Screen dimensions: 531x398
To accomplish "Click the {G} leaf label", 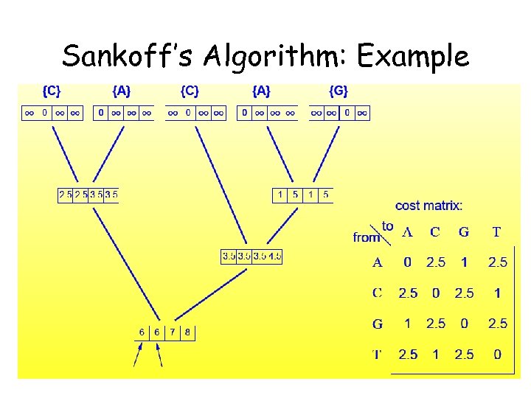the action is [339, 91].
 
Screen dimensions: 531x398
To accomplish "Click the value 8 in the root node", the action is [187, 332].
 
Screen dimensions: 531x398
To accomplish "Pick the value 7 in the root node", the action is [172, 332].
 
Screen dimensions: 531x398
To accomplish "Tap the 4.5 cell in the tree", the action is [275, 256].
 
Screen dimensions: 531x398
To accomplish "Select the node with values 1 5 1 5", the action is [302, 195].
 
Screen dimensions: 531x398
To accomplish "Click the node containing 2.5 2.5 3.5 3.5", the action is [88, 195].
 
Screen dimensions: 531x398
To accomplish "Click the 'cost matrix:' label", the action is [429, 206].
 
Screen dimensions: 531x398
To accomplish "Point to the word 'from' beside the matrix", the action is [367, 237].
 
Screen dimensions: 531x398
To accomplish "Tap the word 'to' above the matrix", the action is [387, 226].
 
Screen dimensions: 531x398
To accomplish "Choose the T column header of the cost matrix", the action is [496, 232].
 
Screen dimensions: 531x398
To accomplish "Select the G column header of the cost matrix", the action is [464, 232].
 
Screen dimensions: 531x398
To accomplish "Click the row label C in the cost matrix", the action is [378, 293].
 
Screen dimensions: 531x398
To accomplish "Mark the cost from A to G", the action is [464, 262].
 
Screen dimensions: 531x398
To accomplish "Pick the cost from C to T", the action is [497, 293].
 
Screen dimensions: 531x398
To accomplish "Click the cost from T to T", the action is [497, 355].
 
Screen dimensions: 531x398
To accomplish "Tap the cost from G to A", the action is [408, 324].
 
